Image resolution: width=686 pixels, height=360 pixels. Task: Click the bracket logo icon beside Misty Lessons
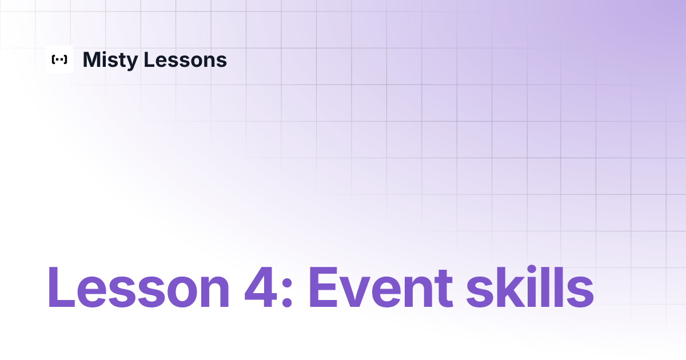click(x=59, y=59)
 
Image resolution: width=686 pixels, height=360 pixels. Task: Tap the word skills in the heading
click(x=529, y=287)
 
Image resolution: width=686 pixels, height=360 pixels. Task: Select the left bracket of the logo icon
click(x=53, y=59)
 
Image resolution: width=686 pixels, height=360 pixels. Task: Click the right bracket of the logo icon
click(x=66, y=59)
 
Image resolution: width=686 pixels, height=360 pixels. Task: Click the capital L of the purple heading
click(x=61, y=287)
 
